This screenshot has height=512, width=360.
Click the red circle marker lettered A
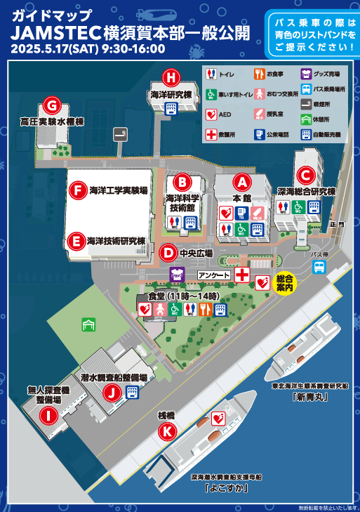[242, 182]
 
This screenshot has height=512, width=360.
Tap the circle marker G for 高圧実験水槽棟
[50, 105]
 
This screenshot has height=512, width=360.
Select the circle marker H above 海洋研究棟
[170, 77]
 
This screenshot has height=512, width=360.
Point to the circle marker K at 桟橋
[166, 432]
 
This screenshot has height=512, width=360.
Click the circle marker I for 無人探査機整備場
[48, 416]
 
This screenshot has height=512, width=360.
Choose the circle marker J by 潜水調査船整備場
[110, 393]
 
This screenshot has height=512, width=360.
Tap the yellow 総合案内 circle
[285, 282]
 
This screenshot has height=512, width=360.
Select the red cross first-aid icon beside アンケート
[243, 274]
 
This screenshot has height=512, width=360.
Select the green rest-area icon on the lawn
[88, 324]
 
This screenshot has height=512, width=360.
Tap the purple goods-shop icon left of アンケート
[176, 275]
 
